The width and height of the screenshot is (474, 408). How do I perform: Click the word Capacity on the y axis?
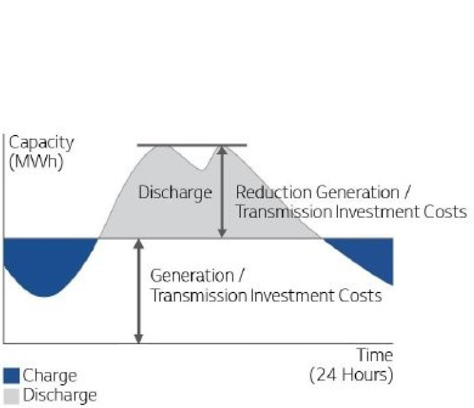[x=41, y=143]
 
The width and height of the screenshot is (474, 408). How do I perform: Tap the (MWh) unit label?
[x=36, y=161]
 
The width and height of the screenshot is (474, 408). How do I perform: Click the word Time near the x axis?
[x=375, y=355]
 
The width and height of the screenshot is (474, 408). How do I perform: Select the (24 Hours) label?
[x=351, y=375]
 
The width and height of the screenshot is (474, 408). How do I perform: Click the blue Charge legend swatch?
[x=11, y=376]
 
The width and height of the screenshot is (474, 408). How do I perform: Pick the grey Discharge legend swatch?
[x=11, y=396]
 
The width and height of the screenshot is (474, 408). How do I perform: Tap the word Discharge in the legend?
[x=60, y=396]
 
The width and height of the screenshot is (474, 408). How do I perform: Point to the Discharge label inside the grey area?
[x=175, y=193]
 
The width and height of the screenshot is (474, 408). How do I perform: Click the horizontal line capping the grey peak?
[x=192, y=145]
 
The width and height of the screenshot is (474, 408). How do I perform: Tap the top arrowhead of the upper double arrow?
[x=222, y=151]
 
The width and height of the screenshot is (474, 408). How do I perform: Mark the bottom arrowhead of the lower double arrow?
[x=139, y=339]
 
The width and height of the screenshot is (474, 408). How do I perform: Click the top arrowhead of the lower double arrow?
[x=139, y=244]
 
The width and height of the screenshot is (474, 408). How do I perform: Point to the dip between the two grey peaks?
[x=203, y=170]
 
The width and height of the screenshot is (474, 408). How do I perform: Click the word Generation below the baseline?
[x=192, y=276]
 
